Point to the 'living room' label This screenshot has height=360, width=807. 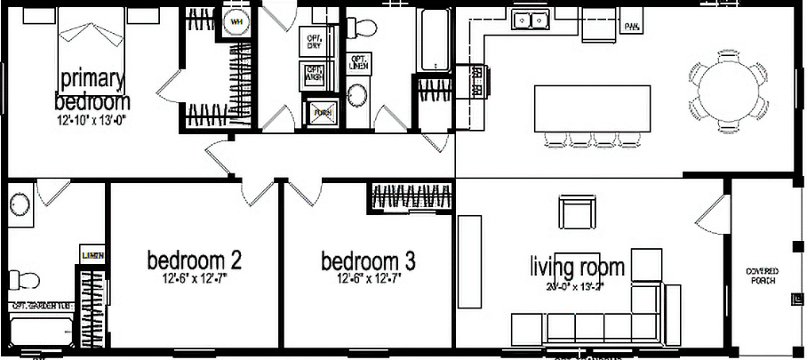click(x=577, y=267)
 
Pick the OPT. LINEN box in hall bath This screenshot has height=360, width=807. click(x=359, y=61)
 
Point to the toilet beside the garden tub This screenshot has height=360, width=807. click(x=27, y=281)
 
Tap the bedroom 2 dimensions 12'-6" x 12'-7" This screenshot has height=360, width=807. click(x=194, y=279)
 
